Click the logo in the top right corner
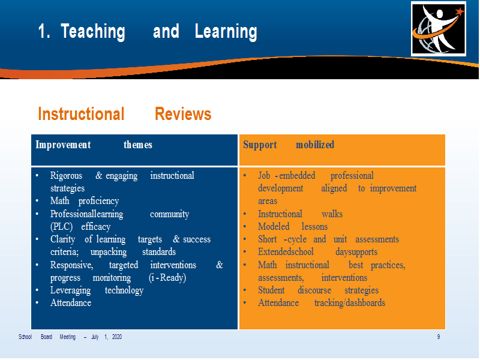click(439, 28)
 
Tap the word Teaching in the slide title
click(93, 32)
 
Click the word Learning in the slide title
click(226, 32)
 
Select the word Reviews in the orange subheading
click(183, 114)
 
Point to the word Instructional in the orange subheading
click(81, 114)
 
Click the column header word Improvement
click(63, 145)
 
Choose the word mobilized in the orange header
click(315, 145)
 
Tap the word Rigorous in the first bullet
click(66, 175)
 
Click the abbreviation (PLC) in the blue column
click(61, 227)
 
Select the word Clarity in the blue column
click(62, 239)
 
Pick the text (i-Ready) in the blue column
click(167, 277)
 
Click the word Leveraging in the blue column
click(70, 290)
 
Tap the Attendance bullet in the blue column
click(71, 303)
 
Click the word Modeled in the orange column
click(274, 227)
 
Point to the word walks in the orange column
click(332, 214)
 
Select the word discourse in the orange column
click(314, 290)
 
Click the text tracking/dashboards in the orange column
click(350, 303)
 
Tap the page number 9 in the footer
click(439, 337)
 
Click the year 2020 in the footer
click(117, 337)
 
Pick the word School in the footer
click(25, 337)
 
